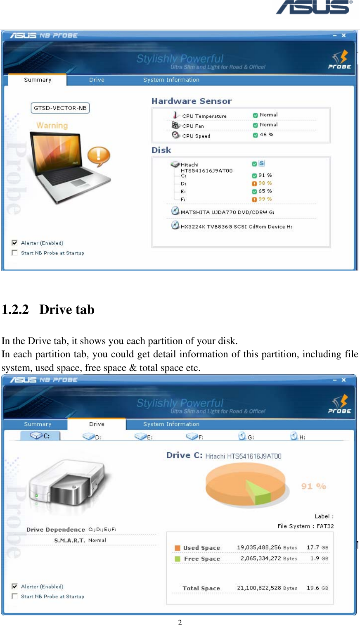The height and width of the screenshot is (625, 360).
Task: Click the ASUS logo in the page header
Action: (x=314, y=7)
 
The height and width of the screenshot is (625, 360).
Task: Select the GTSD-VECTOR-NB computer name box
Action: (x=60, y=108)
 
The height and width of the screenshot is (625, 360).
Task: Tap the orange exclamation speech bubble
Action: (x=98, y=156)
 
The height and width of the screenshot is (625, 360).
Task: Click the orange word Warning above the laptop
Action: (x=52, y=126)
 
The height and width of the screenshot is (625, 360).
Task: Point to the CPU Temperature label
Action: (x=204, y=116)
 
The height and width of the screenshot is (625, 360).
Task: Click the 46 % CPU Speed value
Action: (x=266, y=135)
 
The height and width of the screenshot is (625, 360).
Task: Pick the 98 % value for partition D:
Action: (x=265, y=183)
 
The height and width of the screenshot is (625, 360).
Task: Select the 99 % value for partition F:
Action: (x=265, y=199)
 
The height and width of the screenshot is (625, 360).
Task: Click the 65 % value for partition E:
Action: (x=265, y=191)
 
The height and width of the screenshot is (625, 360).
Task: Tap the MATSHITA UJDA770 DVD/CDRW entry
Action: (x=227, y=212)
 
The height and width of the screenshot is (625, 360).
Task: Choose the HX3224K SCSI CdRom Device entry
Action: (x=236, y=226)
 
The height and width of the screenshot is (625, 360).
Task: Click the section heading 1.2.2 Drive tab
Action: (x=48, y=309)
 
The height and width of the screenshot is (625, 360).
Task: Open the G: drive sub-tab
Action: (x=246, y=437)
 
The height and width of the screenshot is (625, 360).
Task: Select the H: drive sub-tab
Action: (x=298, y=437)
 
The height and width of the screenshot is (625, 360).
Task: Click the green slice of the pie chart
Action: (x=259, y=491)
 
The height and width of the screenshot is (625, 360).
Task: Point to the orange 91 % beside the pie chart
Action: (x=313, y=486)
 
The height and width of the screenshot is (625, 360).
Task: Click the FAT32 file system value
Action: (x=325, y=526)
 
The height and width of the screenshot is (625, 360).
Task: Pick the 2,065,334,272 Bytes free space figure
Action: (x=269, y=558)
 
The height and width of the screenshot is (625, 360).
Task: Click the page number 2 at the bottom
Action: (x=180, y=622)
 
